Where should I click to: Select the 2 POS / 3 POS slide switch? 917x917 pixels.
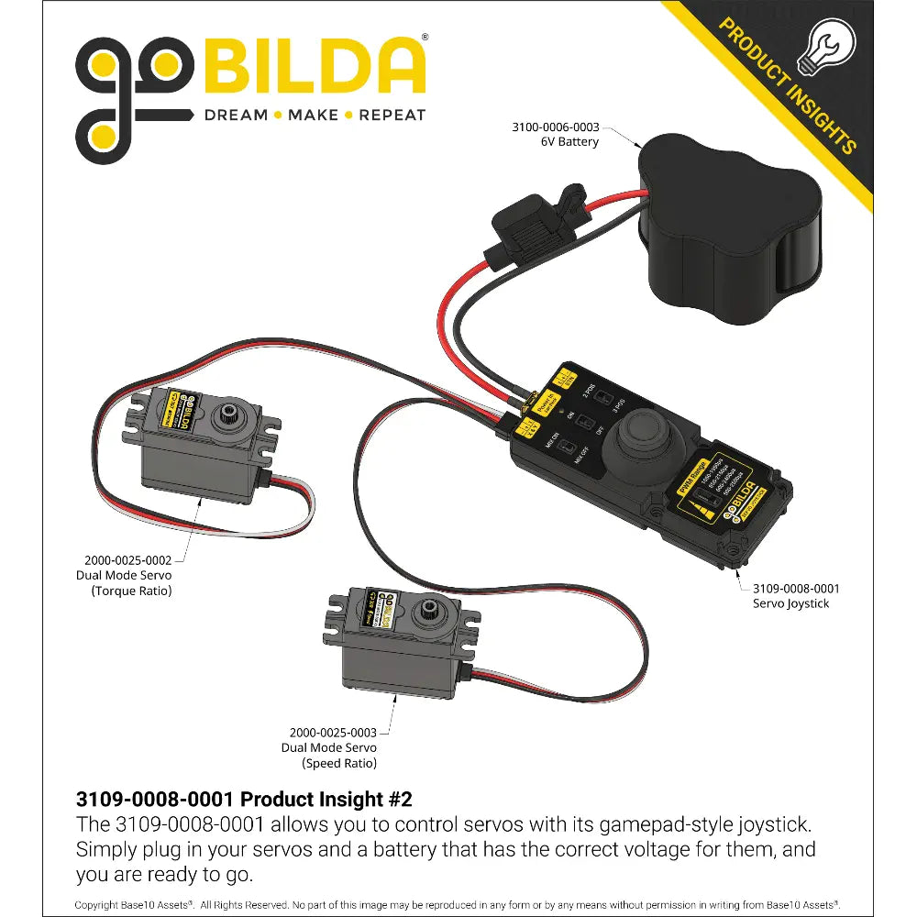click(x=602, y=399)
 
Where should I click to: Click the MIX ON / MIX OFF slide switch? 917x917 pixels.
click(x=569, y=449)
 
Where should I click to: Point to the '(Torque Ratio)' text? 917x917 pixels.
click(x=131, y=591)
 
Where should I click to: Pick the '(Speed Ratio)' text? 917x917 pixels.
click(x=339, y=763)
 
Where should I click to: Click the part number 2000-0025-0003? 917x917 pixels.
click(x=333, y=733)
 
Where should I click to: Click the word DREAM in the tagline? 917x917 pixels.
click(x=236, y=116)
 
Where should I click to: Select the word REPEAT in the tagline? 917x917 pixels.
click(x=392, y=116)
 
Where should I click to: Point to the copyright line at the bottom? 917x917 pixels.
click(x=458, y=904)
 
